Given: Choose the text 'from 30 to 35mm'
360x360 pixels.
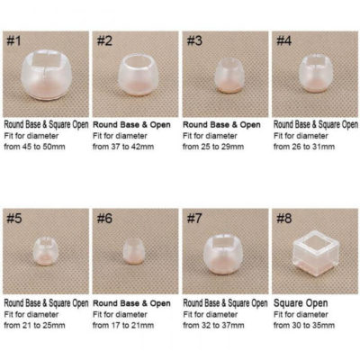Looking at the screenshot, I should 306,323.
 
